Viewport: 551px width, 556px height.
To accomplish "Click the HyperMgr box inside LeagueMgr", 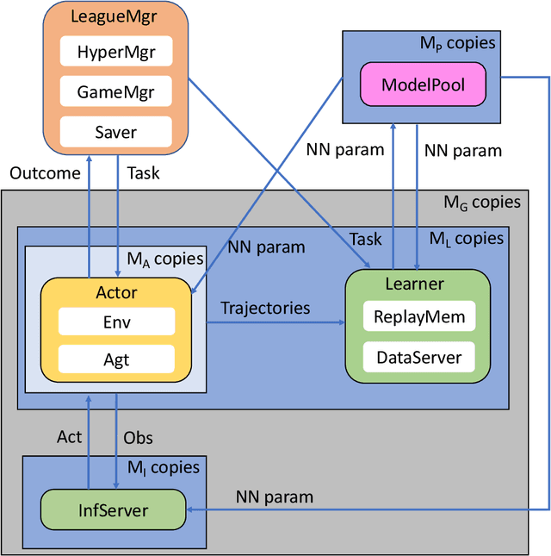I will pyautogui.click(x=116, y=52).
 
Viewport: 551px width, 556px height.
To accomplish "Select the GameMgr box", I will pyautogui.click(x=116, y=92).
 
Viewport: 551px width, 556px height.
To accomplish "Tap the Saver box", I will pyautogui.click(x=116, y=132).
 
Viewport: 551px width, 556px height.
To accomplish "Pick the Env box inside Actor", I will pyautogui.click(x=116, y=322).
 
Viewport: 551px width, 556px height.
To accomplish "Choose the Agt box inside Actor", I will pyautogui.click(x=116, y=359).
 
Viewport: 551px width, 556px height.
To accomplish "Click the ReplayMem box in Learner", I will pyautogui.click(x=418, y=316).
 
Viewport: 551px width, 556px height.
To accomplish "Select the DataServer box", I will pyautogui.click(x=418, y=356).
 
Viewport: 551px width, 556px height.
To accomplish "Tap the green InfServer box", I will pyautogui.click(x=114, y=510).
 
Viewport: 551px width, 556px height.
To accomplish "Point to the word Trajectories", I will pyautogui.click(x=264, y=308).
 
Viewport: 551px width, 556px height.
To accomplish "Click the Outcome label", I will pyautogui.click(x=44, y=173).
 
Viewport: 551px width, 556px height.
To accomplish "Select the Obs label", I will pyautogui.click(x=138, y=438).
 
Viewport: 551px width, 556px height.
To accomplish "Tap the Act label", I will pyautogui.click(x=69, y=437).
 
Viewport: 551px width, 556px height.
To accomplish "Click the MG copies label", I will pyautogui.click(x=481, y=203).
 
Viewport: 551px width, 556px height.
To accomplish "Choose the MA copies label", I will pyautogui.click(x=164, y=258).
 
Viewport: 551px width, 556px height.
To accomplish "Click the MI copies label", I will pyautogui.click(x=163, y=468).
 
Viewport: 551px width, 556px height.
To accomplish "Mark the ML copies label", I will pyautogui.click(x=466, y=239).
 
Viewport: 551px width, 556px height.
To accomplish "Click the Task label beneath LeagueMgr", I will pyautogui.click(x=143, y=173).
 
